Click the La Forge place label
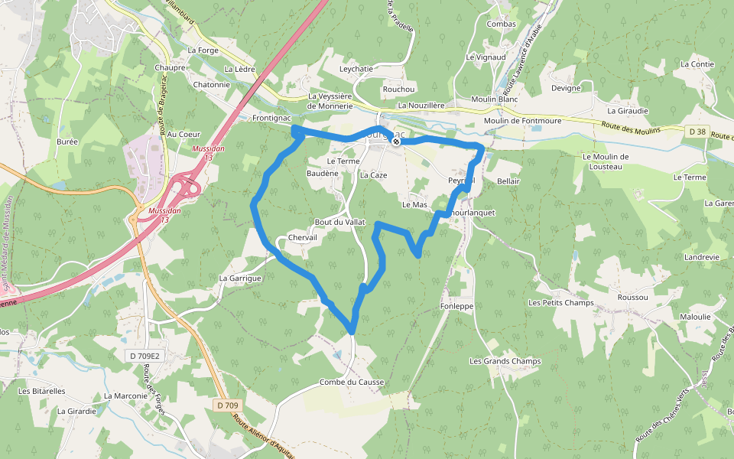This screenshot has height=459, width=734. pos(203,50)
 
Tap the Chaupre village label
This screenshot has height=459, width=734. pos(170,67)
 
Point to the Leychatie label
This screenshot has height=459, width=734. pos(356,69)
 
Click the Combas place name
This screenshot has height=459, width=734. pos(501,24)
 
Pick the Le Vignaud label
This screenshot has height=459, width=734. pos(486,57)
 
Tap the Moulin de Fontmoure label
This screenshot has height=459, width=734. pos(523,121)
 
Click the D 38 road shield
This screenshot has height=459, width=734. pos(696,132)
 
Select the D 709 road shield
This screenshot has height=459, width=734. pos(227,405)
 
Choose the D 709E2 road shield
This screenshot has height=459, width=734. pos(145,356)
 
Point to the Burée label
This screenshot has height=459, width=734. pos(67,142)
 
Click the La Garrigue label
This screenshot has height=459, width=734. pos(240,278)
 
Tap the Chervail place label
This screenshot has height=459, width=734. pos(302,238)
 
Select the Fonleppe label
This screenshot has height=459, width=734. pos(457,306)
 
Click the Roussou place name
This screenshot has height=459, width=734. pos(632,298)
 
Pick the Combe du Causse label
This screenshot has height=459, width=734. pos(352,382)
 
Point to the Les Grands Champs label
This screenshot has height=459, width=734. pos(505,361)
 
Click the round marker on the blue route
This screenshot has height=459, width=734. pos(396,141)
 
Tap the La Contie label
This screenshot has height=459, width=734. pos(697,64)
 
